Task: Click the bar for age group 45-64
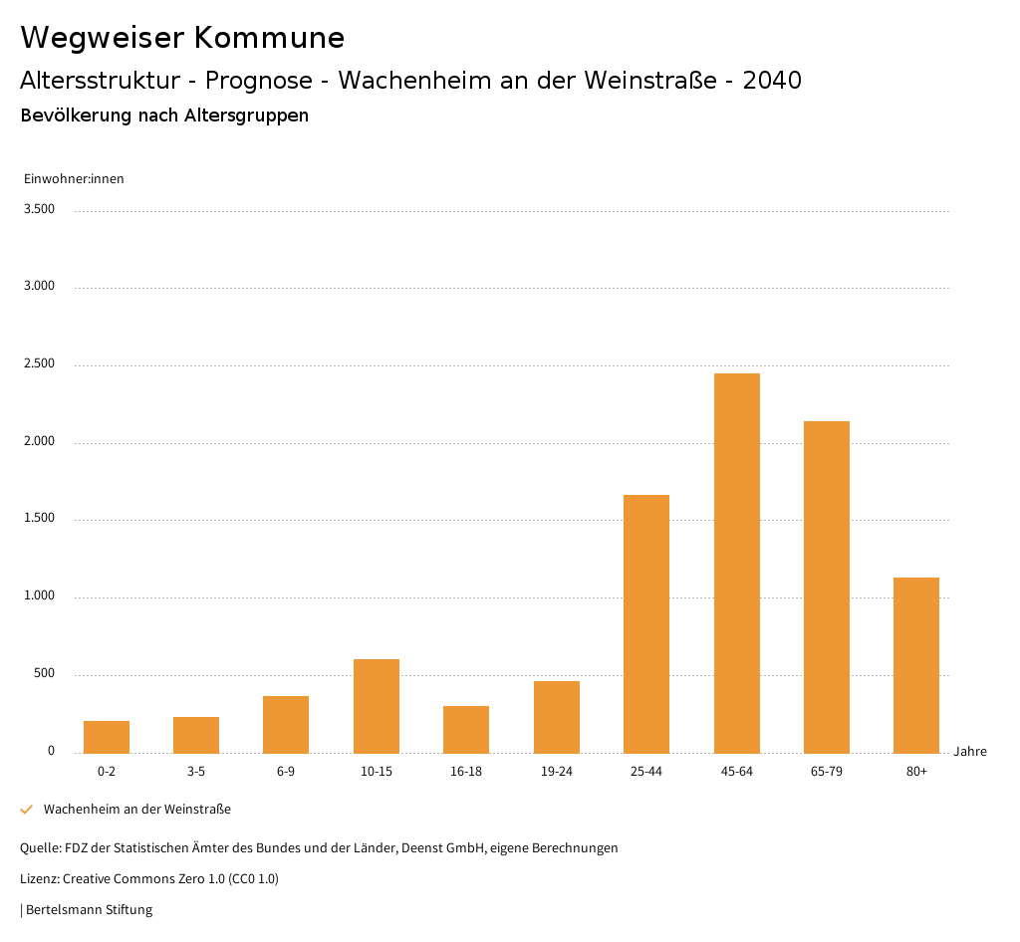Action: [736, 563]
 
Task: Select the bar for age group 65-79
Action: [827, 587]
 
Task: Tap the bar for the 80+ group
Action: [916, 665]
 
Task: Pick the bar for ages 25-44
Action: [646, 623]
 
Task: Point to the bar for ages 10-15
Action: [377, 706]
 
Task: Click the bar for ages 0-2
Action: [107, 737]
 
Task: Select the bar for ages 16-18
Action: [466, 729]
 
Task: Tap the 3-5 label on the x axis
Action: [196, 772]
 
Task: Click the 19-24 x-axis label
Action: [556, 772]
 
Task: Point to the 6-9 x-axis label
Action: [286, 772]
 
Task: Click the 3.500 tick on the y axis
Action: [39, 209]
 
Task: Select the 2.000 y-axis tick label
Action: [39, 441]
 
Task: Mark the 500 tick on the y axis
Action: [44, 674]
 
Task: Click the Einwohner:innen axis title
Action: [74, 179]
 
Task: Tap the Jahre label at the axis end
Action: [970, 752]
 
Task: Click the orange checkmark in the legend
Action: [27, 810]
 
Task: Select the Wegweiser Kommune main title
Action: [182, 38]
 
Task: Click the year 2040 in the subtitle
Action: [772, 81]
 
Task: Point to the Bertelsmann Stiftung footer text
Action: [89, 909]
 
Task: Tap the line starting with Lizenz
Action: [149, 879]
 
